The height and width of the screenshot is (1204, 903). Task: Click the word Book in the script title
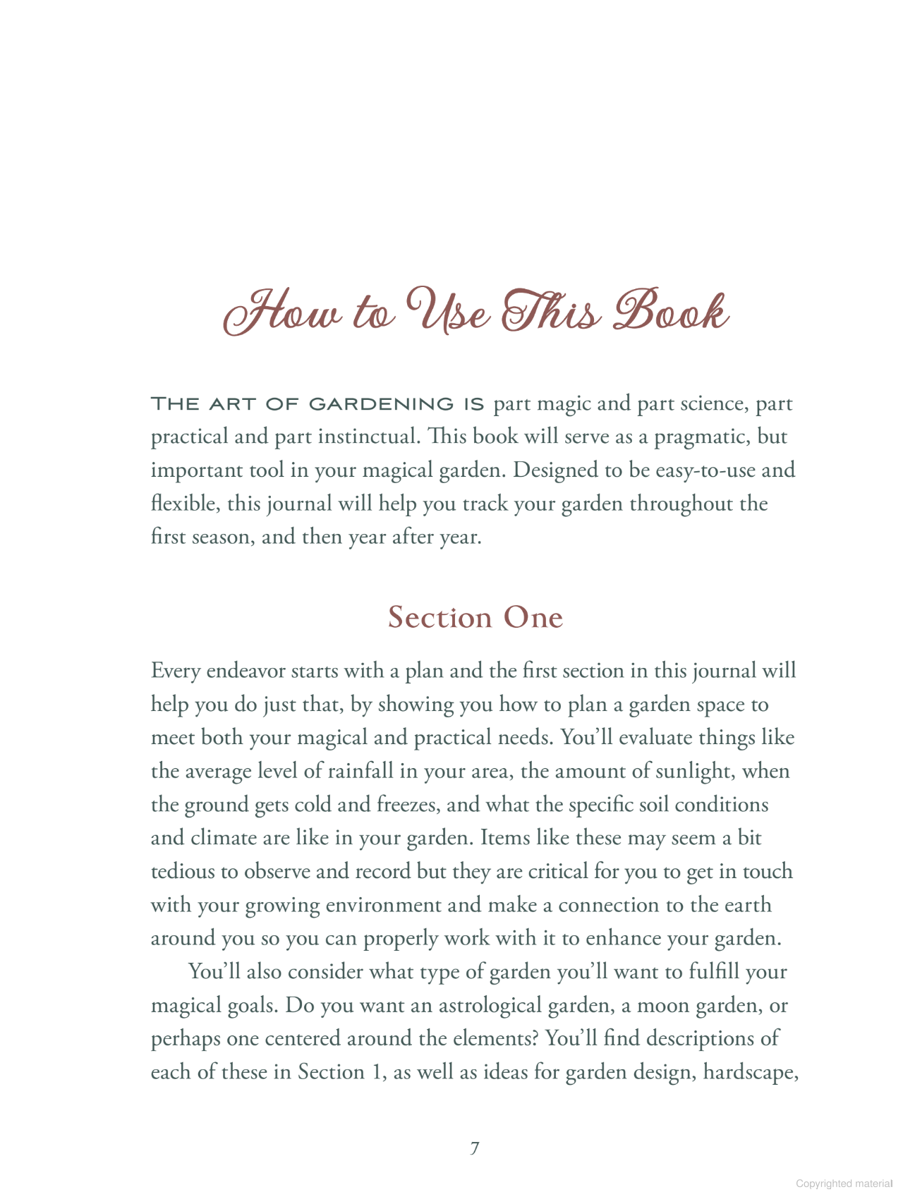click(670, 312)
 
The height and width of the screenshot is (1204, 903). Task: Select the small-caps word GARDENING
click(382, 404)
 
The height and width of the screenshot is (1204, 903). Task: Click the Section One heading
click(475, 617)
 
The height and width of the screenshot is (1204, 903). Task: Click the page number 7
click(475, 1148)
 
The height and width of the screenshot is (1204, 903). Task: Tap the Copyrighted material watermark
click(844, 1184)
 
